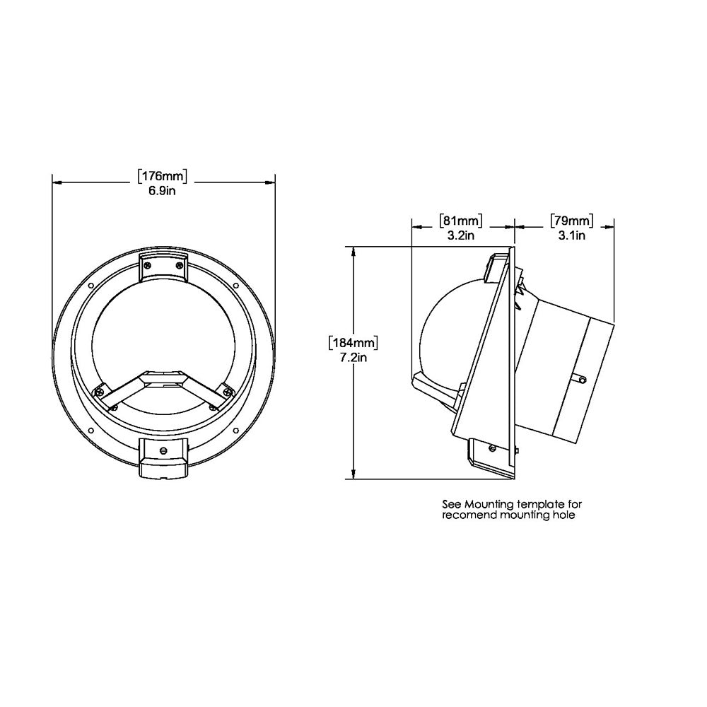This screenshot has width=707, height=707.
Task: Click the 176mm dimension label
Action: pyautogui.click(x=163, y=176)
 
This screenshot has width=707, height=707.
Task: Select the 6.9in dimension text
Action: pyautogui.click(x=163, y=192)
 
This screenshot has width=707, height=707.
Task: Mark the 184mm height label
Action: pyautogui.click(x=353, y=343)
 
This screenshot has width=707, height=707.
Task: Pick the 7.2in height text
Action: pyautogui.click(x=353, y=358)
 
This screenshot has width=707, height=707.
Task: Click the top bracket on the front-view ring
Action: pyautogui.click(x=164, y=267)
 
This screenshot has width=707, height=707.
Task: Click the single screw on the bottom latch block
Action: pyautogui.click(x=164, y=449)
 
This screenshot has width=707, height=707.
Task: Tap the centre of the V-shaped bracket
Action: pyautogui.click(x=164, y=380)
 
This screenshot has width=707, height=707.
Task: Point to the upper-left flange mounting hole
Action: pyautogui.click(x=90, y=286)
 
